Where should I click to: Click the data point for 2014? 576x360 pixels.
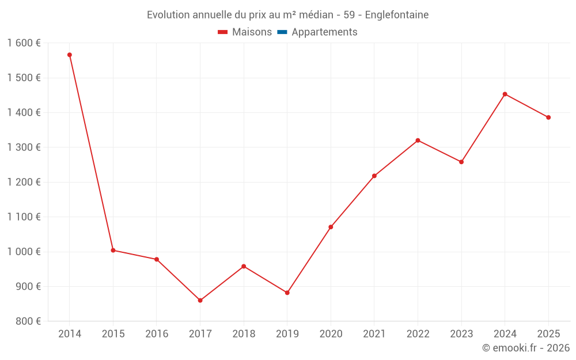(x=70, y=55)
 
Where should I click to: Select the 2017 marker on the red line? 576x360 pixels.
(x=200, y=301)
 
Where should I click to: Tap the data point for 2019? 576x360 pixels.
(x=287, y=293)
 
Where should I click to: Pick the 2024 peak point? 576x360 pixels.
(x=505, y=94)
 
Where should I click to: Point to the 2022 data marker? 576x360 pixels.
(x=418, y=141)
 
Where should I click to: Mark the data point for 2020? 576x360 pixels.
(x=331, y=227)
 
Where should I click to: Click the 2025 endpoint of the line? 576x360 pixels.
(x=548, y=118)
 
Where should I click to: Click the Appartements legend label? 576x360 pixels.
(x=324, y=32)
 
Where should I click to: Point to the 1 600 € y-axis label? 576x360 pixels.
(x=24, y=43)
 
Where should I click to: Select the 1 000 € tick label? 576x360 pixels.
(x=24, y=252)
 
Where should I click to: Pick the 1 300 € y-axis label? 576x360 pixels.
(x=24, y=147)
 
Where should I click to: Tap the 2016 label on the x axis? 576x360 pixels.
(x=157, y=334)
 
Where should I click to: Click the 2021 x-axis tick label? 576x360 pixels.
(x=374, y=334)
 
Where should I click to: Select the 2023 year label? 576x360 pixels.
(x=461, y=334)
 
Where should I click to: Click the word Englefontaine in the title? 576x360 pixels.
(x=397, y=15)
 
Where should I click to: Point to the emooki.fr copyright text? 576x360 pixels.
(x=525, y=348)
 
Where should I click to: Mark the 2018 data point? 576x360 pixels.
(x=244, y=266)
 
